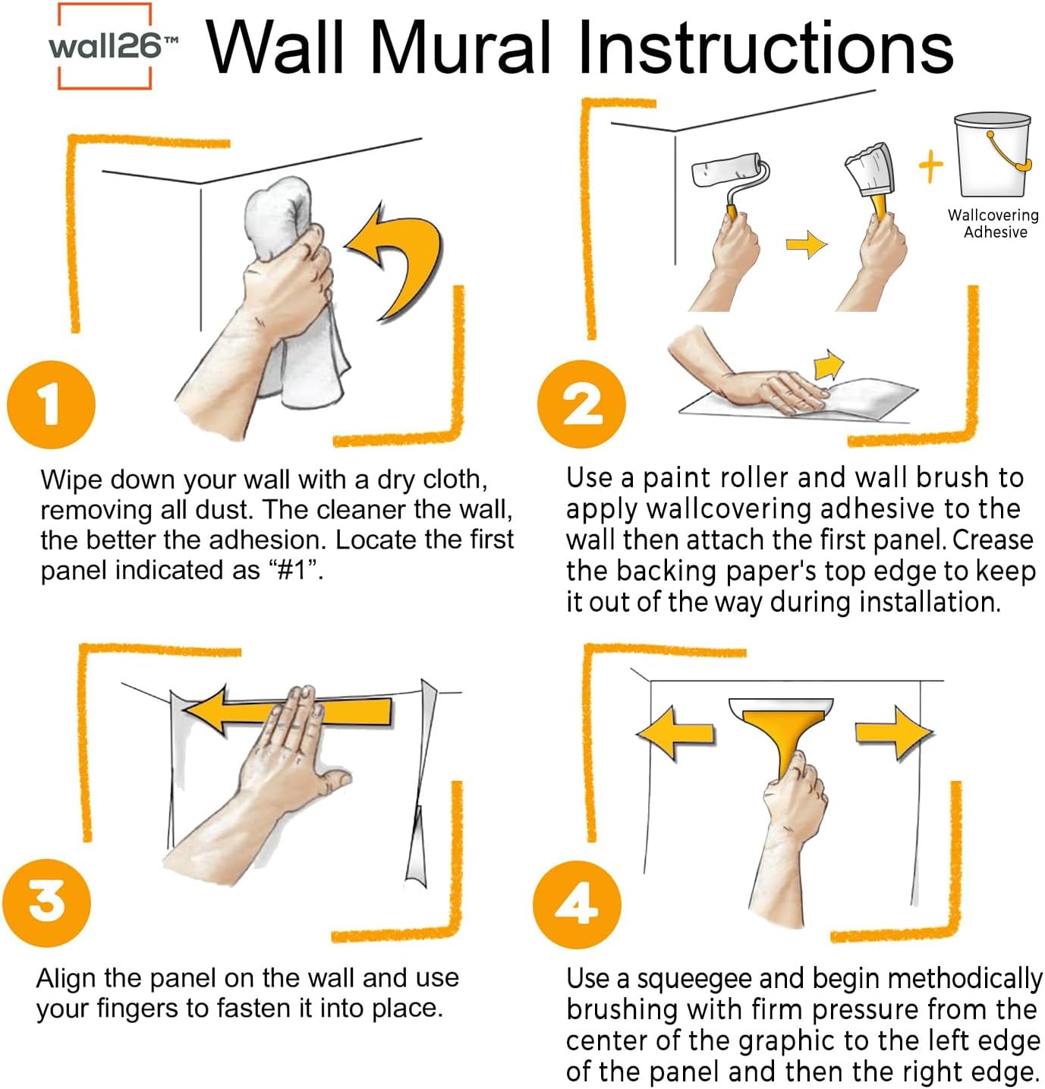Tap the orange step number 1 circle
tap(51, 404)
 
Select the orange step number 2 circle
tap(581, 404)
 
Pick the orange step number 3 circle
tap(47, 902)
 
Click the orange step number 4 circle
tap(577, 904)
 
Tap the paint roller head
tap(725, 170)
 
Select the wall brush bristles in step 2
tap(869, 170)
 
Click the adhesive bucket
tap(992, 156)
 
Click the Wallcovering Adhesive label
tap(993, 224)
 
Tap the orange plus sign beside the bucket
tap(930, 166)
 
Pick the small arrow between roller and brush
tap(806, 244)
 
